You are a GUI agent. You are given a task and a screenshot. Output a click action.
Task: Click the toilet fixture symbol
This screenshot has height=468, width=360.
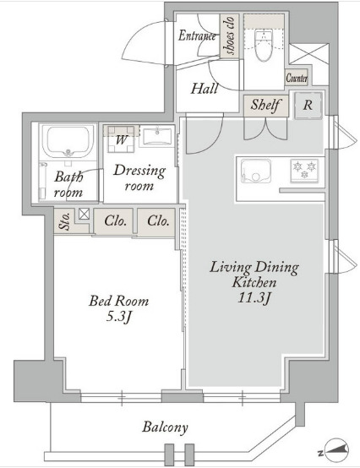264,44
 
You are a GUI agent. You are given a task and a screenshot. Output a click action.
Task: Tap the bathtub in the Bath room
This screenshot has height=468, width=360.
68,141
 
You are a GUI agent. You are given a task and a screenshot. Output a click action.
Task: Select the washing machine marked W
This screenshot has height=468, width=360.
121,139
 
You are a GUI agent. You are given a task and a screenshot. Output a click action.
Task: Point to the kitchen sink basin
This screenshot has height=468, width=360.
256,171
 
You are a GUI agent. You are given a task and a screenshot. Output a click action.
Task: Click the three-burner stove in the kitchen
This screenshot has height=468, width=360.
304,171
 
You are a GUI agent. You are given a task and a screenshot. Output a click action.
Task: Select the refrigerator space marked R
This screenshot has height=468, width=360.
308,106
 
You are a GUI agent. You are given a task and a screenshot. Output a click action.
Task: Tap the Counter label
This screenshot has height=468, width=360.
297,78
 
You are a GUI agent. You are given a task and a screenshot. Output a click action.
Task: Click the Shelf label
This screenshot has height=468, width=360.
265,105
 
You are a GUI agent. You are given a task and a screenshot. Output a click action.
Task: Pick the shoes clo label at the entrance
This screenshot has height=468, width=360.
230,35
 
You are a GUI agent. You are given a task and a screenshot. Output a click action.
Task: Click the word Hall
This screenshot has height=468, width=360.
205,89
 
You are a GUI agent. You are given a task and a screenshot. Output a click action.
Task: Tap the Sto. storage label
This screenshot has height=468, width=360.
65,221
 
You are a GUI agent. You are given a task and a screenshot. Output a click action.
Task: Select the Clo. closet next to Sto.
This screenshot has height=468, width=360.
115,221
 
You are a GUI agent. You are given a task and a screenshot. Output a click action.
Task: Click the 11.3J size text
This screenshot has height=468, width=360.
254,297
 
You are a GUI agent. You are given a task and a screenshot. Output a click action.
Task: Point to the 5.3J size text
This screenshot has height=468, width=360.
119,317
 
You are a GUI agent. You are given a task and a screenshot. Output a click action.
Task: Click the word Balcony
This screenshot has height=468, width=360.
165,427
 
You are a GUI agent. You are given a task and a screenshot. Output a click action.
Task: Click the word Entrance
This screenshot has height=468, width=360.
197,35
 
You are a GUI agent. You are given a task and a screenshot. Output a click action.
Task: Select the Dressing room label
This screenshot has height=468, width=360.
139,178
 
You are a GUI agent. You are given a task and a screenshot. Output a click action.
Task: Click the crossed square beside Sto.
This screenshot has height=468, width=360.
85,214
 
